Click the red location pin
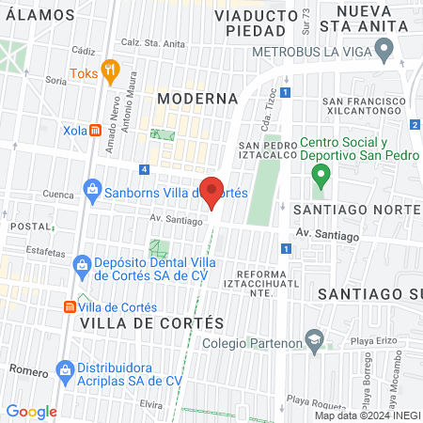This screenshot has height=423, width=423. (x=212, y=191)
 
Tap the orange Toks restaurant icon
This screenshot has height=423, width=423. (x=111, y=69)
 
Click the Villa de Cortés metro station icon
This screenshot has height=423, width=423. (x=70, y=306)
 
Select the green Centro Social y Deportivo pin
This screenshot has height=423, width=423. (x=321, y=174)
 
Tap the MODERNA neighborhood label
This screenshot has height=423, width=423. (x=197, y=98)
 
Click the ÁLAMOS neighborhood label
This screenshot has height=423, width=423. (x=39, y=15)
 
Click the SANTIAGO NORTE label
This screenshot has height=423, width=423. (x=355, y=209)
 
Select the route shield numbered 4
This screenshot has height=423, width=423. (x=143, y=169)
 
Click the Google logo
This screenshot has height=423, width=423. (x=31, y=411)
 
